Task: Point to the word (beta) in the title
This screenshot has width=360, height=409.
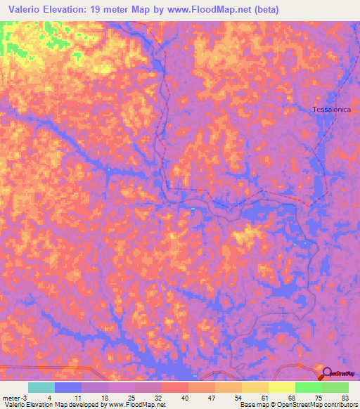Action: (265, 9)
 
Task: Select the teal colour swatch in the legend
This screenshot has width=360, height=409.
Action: (41, 387)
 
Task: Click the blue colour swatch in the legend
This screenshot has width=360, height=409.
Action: (68, 387)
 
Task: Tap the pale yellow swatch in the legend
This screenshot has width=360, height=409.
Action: (282, 387)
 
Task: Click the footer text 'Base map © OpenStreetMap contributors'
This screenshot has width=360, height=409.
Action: (298, 405)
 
